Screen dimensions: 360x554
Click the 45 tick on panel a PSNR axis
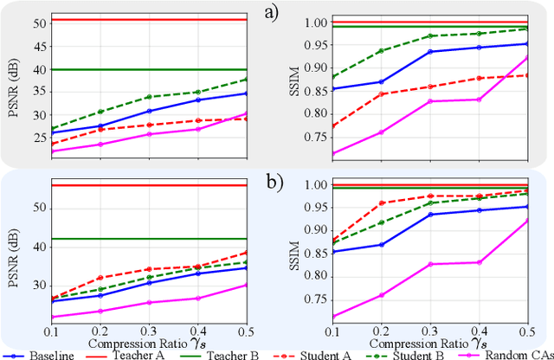(x=38, y=46)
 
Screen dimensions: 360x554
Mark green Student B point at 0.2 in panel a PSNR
(x=100, y=112)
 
